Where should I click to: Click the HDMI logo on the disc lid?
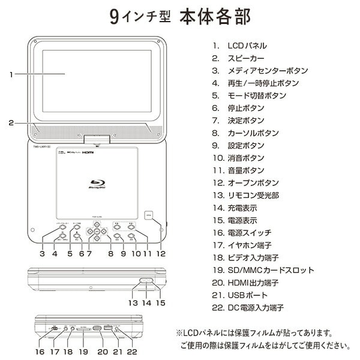[x=88, y=154]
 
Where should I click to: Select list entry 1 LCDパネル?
[x=239, y=46]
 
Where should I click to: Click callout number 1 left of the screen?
[x=11, y=75]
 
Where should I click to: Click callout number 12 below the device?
[x=160, y=254]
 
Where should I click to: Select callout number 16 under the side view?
[x=40, y=352]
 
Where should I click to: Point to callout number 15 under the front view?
[x=160, y=303]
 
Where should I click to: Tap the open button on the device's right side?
[x=149, y=215]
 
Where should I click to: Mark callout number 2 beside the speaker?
[x=11, y=123]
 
